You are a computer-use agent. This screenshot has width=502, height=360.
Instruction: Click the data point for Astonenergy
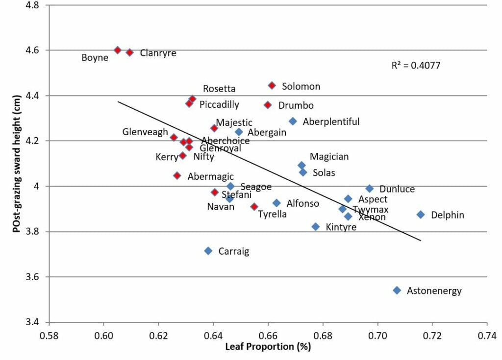397,290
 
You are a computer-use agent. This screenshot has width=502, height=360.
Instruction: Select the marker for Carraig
208,251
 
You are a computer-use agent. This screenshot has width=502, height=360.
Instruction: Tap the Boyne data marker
118,50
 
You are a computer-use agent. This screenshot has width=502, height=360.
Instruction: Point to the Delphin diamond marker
421,215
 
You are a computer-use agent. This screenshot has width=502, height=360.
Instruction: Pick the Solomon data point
272,86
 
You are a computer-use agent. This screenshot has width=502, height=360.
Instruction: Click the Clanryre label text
158,53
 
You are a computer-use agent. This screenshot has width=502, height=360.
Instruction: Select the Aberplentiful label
331,121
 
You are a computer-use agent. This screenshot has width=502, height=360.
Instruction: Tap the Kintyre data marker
316,227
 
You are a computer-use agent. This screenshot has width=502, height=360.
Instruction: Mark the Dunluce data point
370,189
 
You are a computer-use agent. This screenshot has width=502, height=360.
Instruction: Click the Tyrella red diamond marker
254,207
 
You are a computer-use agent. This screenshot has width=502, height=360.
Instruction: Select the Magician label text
329,157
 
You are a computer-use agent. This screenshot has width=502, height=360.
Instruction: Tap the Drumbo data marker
268,105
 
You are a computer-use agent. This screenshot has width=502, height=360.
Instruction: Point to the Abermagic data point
177,175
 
